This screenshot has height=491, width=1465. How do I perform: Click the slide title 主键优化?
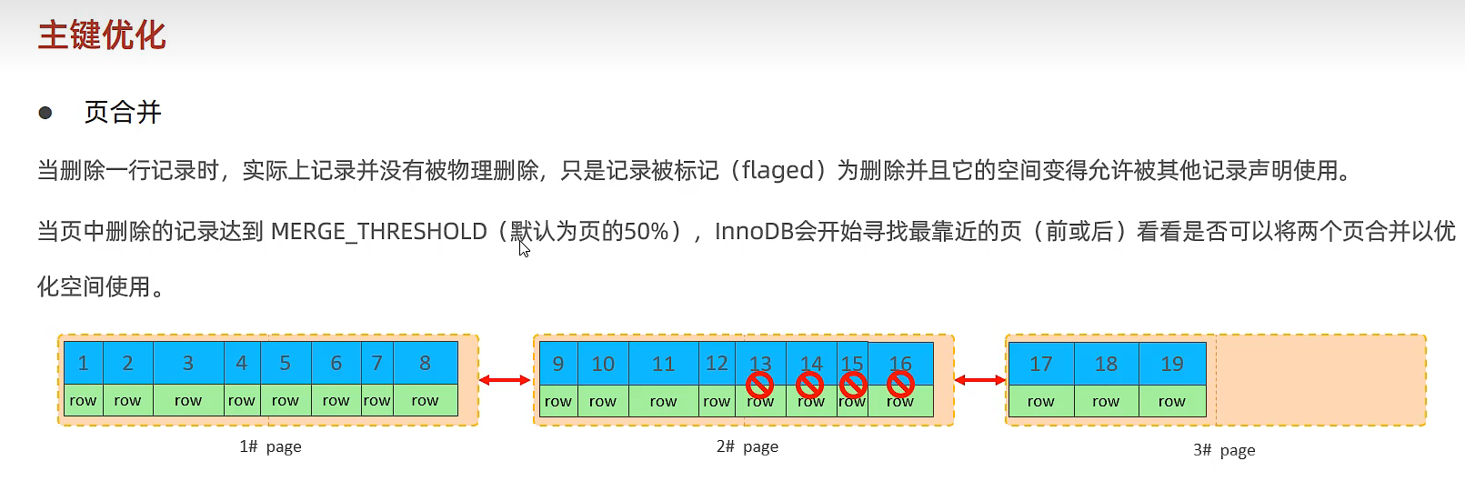click(x=101, y=35)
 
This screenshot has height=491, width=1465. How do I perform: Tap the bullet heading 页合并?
click(x=123, y=112)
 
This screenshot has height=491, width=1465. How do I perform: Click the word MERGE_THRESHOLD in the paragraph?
click(x=378, y=231)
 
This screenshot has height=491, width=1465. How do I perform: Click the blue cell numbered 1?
click(x=83, y=363)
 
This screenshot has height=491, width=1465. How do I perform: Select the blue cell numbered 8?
click(x=425, y=363)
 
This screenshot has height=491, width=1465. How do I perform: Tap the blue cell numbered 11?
click(x=663, y=364)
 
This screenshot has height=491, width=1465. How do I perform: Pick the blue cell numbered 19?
click(x=1172, y=364)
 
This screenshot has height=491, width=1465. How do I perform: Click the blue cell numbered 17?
click(x=1040, y=364)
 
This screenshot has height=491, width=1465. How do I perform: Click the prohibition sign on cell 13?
click(x=759, y=386)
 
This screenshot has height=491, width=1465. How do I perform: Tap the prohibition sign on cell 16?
click(x=900, y=386)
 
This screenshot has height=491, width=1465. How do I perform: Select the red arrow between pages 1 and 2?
click(x=505, y=380)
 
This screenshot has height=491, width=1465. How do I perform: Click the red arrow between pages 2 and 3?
click(x=979, y=380)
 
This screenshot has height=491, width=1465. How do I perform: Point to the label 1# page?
click(x=270, y=446)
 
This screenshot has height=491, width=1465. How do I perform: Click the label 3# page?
click(x=1224, y=450)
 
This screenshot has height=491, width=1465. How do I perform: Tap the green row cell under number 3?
click(x=188, y=400)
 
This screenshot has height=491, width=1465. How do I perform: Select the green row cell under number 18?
click(x=1106, y=401)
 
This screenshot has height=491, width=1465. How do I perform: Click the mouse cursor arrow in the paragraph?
click(x=524, y=247)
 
